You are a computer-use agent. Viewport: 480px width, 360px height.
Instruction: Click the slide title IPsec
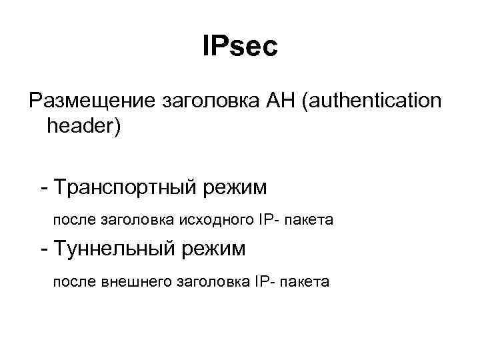(x=239, y=47)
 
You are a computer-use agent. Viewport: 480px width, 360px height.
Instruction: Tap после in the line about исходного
(x=75, y=219)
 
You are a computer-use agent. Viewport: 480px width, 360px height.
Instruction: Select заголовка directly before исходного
(x=136, y=219)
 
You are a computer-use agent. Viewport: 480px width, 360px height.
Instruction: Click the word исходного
(x=211, y=219)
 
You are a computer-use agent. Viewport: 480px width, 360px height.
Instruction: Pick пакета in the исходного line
(x=309, y=219)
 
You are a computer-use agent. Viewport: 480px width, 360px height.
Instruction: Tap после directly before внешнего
(x=75, y=282)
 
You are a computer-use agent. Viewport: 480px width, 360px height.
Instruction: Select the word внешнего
(x=136, y=282)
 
